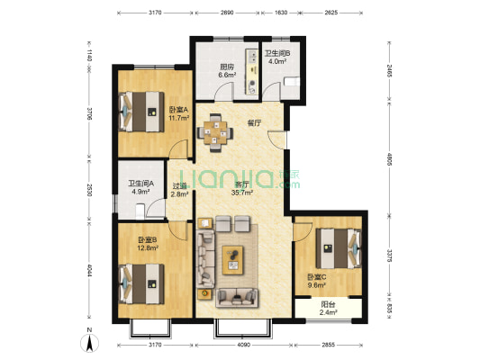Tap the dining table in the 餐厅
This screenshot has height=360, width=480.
coord(215,132)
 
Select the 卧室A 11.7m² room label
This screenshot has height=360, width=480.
coord(179,113)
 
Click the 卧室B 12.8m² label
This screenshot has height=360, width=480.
coord(148,244)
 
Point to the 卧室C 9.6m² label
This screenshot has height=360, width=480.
coord(316,282)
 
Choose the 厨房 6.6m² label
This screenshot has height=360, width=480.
coord(227,71)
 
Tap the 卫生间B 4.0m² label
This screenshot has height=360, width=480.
coord(277,58)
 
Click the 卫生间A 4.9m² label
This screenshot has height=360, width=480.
coord(140,187)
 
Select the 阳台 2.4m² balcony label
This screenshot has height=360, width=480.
coord(328,309)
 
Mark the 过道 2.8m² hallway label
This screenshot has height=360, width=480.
coord(179,190)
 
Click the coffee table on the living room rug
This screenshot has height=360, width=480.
coord(232,260)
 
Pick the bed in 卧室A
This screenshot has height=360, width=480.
coord(141,112)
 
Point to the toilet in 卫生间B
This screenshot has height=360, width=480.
coord(292,82)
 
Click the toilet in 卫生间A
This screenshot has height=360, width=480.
coord(140,211)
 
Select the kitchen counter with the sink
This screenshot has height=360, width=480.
coord(252,72)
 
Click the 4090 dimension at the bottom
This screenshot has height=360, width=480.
coord(244,345)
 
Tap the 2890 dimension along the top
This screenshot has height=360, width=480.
coord(227,13)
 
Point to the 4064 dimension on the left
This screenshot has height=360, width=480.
coord(89,271)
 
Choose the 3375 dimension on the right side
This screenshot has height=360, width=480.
coord(389,256)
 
